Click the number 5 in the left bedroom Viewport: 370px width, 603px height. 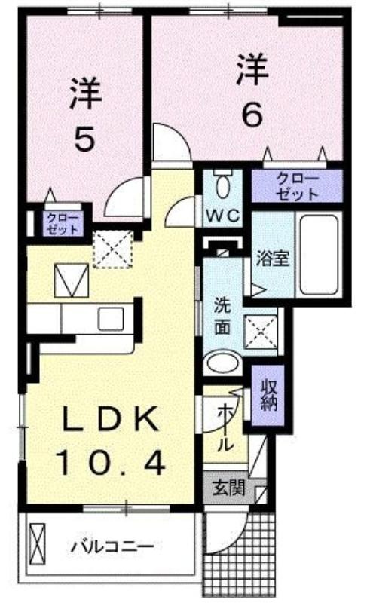84,139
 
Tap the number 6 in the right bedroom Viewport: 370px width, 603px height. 252,115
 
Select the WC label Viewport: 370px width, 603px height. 223,216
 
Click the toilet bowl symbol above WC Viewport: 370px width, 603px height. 222,185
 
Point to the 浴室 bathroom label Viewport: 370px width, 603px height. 273,259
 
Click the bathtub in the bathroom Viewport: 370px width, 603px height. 319,255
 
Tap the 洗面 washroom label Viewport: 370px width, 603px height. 222,316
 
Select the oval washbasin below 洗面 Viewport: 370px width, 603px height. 222,364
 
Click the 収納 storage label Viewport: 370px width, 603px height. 268,395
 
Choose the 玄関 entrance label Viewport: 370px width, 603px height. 229,488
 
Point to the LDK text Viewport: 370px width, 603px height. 111,419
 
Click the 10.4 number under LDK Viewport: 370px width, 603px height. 112,463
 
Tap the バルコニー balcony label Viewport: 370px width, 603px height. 112,546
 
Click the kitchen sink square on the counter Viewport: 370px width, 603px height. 111,319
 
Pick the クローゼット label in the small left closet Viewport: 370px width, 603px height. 63,224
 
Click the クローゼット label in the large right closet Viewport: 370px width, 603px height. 298,186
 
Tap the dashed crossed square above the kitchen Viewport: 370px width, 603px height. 113,249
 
